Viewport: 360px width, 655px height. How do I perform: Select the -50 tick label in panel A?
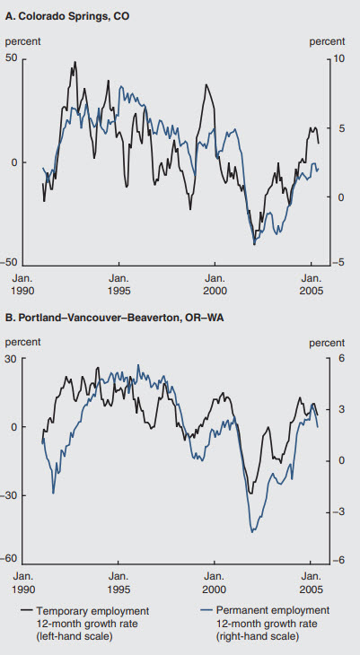coord(13,262)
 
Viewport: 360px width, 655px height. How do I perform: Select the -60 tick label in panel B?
coord(13,559)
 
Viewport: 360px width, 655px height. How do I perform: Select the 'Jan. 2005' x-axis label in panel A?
coord(310,284)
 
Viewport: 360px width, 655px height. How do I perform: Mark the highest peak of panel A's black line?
coord(75,62)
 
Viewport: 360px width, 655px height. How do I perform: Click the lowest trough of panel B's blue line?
coord(252,532)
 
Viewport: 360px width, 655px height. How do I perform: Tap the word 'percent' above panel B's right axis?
coord(327,342)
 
